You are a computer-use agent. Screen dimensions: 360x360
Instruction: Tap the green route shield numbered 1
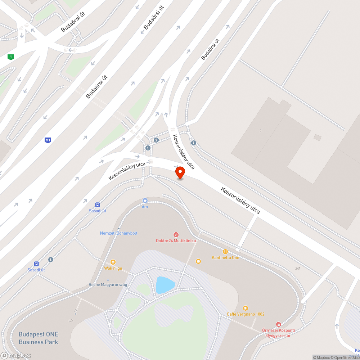11,57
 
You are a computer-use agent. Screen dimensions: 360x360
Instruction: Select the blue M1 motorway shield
48,140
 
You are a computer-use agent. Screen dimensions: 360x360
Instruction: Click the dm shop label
145,207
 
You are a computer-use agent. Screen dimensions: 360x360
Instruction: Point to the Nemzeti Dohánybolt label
118,233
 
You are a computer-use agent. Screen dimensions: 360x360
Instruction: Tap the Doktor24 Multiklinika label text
176,240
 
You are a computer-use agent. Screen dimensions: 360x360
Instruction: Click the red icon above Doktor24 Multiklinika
176,234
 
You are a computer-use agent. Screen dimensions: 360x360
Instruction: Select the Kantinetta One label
225,258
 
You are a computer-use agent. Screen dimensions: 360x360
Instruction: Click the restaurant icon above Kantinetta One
225,252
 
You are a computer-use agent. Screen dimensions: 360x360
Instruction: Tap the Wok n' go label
113,268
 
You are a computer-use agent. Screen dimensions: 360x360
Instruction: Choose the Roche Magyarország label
108,285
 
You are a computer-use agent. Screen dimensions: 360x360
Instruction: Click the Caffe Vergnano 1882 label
246,314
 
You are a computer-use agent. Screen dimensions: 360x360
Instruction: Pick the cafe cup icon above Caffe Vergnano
246,308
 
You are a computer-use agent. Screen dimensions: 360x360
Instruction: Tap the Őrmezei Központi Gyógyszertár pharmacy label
278,333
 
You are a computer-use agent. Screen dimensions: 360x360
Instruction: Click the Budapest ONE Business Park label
38,338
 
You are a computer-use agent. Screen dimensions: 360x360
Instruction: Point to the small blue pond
165,285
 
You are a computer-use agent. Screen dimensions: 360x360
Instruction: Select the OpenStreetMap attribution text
345,357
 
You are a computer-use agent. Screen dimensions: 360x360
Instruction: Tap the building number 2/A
298,269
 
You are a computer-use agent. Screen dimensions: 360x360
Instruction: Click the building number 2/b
71,321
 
